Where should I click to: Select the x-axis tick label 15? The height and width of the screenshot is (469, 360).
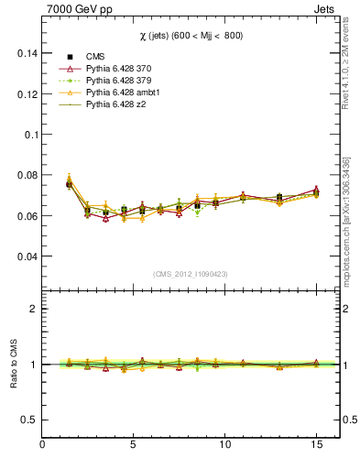[316, 444]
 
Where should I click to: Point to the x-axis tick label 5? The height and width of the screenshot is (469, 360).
[134, 444]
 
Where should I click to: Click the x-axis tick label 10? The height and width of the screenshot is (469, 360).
[224, 444]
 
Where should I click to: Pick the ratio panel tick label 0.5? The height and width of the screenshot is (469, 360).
[27, 420]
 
